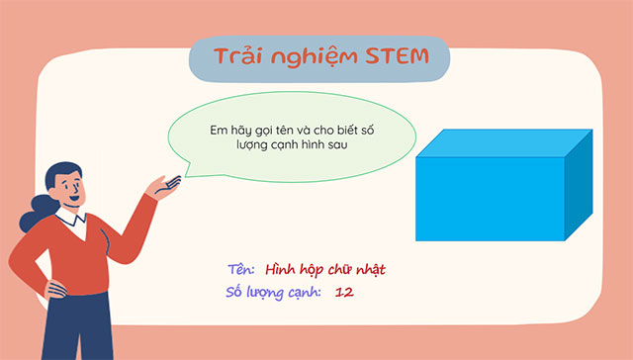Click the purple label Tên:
(x=241, y=269)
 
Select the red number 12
(x=345, y=292)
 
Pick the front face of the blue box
(x=490, y=200)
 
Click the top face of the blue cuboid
(x=504, y=144)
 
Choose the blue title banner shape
(x=318, y=56)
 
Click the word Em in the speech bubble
(x=219, y=128)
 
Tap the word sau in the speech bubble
(x=343, y=145)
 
